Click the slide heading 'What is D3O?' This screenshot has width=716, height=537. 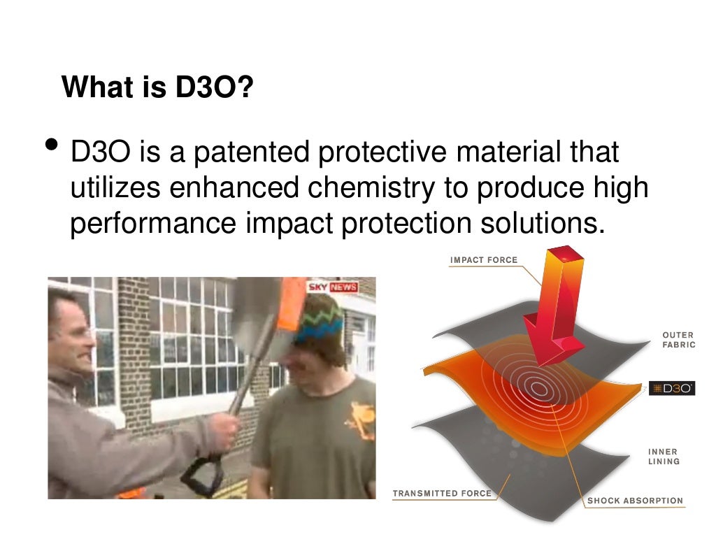[x=157, y=88]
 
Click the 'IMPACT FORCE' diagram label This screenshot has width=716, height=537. [x=484, y=260]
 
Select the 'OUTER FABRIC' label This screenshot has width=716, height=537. [x=678, y=340]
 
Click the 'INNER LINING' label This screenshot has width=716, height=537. [x=664, y=457]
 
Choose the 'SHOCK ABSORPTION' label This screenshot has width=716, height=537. [x=635, y=501]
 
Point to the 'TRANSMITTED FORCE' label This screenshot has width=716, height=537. [x=442, y=494]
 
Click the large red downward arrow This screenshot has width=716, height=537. [x=556, y=308]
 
